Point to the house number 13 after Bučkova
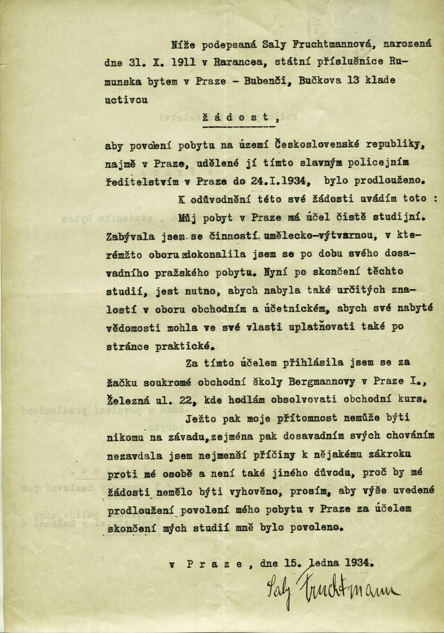pos(352,79)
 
